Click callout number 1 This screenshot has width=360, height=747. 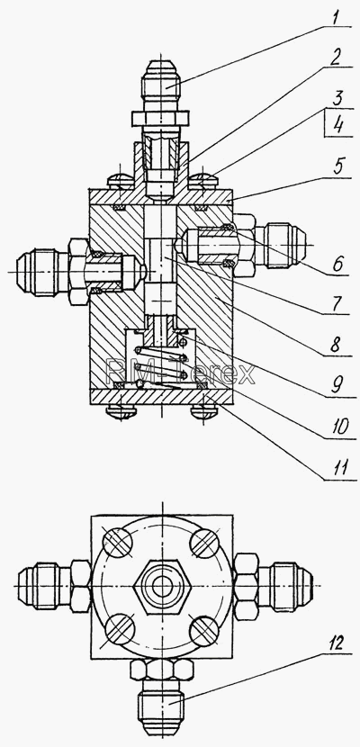coord(337,19)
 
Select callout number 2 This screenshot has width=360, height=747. coord(337,58)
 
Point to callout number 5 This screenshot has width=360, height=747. coord(337,167)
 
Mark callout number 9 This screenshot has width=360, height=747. coord(338,385)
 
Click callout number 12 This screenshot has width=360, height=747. coord(337,644)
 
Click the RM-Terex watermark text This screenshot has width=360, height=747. coord(180,373)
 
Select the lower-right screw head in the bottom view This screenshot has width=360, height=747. coord(204,631)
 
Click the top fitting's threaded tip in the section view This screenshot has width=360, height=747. coord(162,77)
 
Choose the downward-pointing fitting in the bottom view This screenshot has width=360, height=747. coord(162,697)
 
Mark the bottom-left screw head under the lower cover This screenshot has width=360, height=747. coord(121,410)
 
